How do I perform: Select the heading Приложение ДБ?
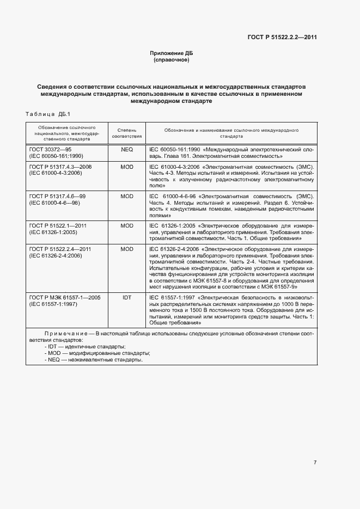point(172,53)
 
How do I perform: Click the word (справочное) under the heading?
point(172,60)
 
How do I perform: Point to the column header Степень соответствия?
point(126,134)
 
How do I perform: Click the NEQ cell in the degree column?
point(126,149)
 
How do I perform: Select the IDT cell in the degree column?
point(126,298)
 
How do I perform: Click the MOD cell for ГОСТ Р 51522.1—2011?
point(126,225)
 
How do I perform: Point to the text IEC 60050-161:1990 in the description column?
point(174,149)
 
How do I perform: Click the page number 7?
point(315,462)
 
